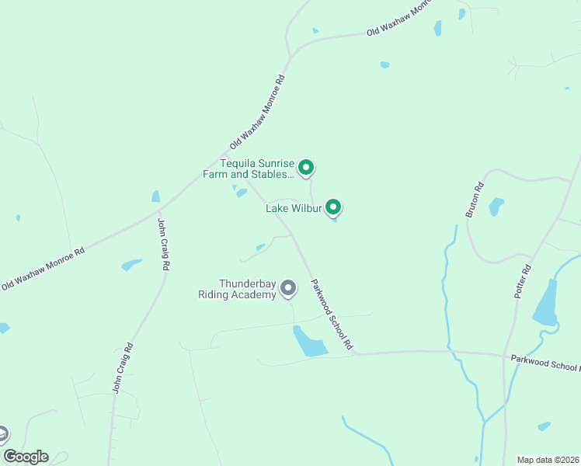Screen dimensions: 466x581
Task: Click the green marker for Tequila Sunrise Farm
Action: [x=306, y=167]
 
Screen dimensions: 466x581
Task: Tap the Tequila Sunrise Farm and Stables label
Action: [x=257, y=169]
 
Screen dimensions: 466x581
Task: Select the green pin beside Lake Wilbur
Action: [x=333, y=207]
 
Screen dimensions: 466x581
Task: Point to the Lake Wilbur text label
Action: [x=294, y=208]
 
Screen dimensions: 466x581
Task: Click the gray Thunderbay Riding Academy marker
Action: [x=288, y=288]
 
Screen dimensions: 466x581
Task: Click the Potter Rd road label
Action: [x=522, y=282]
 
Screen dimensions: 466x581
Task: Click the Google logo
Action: [x=26, y=457]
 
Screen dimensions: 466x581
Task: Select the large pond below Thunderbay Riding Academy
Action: [x=309, y=343]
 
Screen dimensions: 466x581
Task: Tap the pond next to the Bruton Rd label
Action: [x=496, y=207]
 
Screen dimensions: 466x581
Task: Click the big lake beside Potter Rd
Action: [x=545, y=303]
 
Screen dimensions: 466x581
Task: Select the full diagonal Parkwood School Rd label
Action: [x=332, y=314]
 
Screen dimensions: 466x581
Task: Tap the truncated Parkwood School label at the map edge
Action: [x=544, y=363]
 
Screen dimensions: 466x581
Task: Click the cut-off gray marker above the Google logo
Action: [x=3, y=433]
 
